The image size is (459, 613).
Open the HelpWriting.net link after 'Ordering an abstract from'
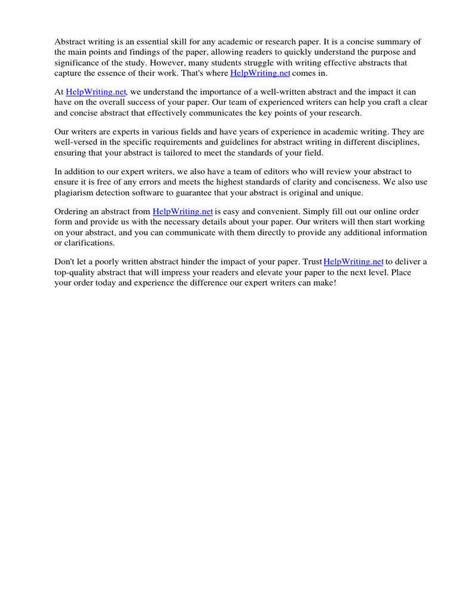(x=183, y=212)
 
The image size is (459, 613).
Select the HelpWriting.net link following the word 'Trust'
(x=353, y=262)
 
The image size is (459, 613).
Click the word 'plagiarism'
(x=75, y=193)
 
